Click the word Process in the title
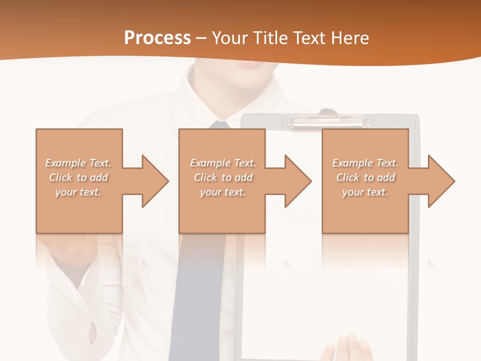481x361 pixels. (x=157, y=38)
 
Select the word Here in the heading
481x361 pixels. (x=349, y=38)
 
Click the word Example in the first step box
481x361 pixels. (x=65, y=163)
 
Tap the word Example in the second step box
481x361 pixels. (x=209, y=163)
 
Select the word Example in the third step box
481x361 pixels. (x=351, y=163)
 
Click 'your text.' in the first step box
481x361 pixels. (x=78, y=192)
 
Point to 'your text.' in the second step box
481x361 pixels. (x=222, y=192)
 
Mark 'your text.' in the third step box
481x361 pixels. (x=365, y=192)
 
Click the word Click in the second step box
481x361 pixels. (x=206, y=177)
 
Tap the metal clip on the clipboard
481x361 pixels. (x=328, y=118)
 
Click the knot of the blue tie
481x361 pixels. (x=219, y=124)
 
